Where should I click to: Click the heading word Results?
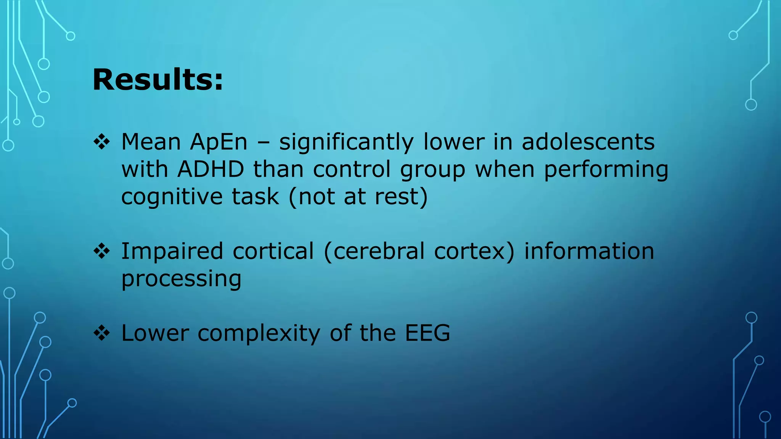pos(157,80)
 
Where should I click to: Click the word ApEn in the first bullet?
pos(219,142)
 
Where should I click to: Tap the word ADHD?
pos(211,169)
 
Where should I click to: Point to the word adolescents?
pos(588,142)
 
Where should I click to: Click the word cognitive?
pos(172,197)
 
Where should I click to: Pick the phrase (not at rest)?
pos(358,197)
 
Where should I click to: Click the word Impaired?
pos(172,252)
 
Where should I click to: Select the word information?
pos(589,252)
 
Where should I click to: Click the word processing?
pos(181,279)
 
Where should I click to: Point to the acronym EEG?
pos(427,333)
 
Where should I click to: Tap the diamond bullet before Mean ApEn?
pos(102,142)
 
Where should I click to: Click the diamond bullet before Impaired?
pos(102,252)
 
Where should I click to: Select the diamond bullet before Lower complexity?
pos(102,333)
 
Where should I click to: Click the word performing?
pos(606,170)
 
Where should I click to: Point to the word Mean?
pos(151,142)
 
